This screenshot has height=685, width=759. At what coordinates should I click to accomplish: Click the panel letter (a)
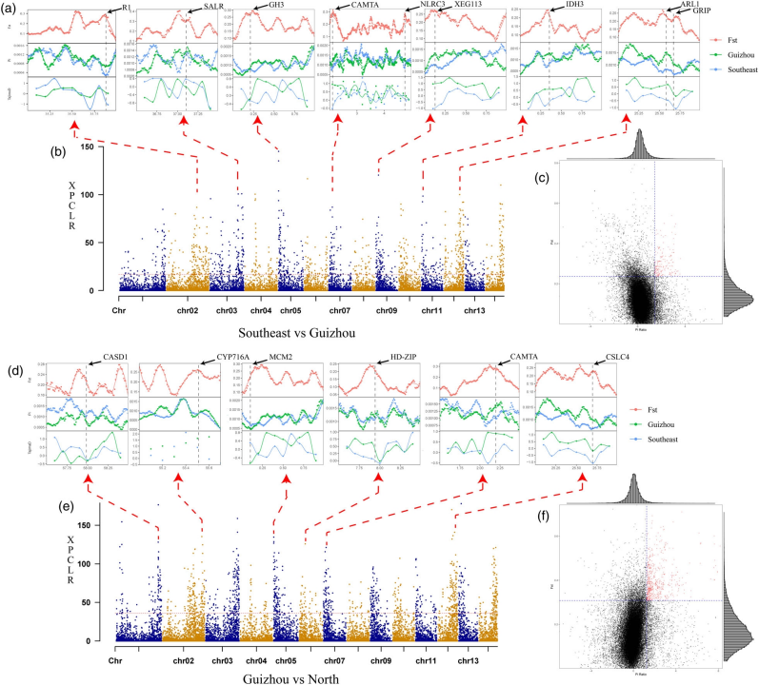pos(10,8)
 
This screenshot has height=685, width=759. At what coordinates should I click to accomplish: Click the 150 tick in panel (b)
pos(86,147)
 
